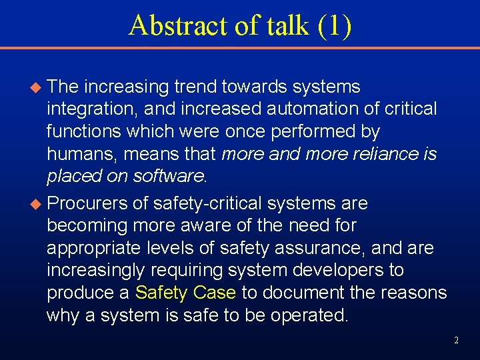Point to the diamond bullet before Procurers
pyautogui.click(x=37, y=203)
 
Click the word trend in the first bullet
pyautogui.click(x=198, y=87)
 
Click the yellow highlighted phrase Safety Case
pyautogui.click(x=185, y=293)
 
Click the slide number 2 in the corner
pyautogui.click(x=456, y=340)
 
